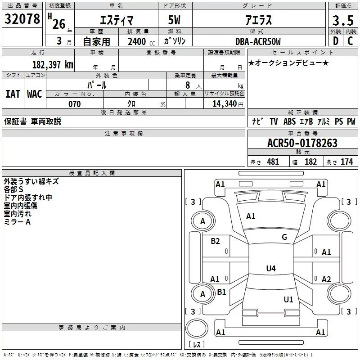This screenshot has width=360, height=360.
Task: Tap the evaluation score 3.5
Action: coord(342,20)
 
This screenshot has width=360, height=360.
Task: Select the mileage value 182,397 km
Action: coord(53,64)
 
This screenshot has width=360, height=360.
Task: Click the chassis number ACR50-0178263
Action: coord(302,144)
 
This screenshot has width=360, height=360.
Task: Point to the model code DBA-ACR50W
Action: coord(258,42)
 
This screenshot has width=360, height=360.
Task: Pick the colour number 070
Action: coord(74,104)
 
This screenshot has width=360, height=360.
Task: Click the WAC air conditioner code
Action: coord(35,94)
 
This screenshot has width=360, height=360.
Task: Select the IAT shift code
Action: coord(13,94)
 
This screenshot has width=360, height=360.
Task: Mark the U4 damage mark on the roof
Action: coord(270,269)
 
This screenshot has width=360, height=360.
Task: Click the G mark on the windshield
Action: coord(284,237)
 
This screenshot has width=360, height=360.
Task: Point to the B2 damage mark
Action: coord(216,241)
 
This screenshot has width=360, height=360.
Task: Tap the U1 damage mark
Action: coord(288,299)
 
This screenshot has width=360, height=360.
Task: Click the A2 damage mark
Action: coord(326,279)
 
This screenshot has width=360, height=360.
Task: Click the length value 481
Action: coord(272,162)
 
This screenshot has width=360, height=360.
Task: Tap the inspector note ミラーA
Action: coord(18,222)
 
